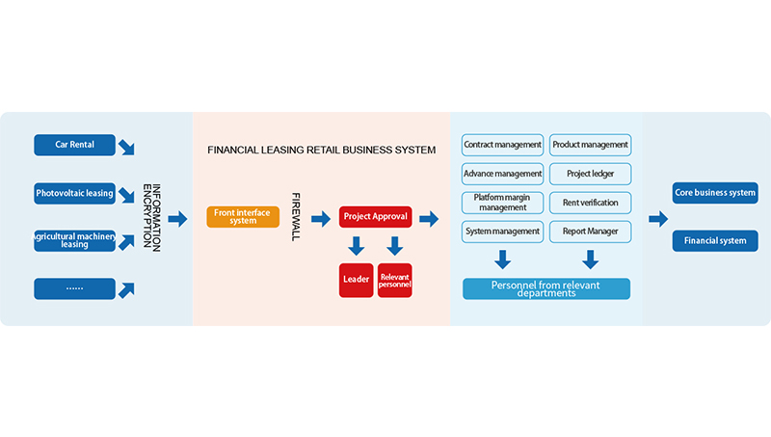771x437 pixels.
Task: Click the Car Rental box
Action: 74,145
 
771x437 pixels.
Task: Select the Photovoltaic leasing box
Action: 74,193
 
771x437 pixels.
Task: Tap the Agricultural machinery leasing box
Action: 74,240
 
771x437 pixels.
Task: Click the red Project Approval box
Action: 375,216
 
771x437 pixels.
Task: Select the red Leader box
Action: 356,279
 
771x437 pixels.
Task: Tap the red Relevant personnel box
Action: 395,279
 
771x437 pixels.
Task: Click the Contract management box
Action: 502,145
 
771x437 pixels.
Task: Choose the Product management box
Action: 590,145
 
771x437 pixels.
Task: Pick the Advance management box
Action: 502,174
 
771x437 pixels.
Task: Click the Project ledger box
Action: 590,174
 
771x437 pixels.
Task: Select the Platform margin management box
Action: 502,203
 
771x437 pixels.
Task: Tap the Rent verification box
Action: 590,203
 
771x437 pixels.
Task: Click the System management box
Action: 502,232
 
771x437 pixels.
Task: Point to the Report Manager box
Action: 590,232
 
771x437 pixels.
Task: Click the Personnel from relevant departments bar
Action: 546,288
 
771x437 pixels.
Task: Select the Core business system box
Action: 715,192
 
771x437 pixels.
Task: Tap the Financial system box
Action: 715,240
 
